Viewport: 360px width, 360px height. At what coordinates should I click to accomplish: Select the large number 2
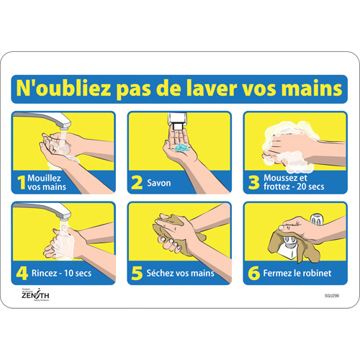[136, 183]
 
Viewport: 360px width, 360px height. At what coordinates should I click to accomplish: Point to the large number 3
[253, 183]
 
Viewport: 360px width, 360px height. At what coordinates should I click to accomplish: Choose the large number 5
[136, 273]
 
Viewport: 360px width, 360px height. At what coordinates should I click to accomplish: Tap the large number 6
[253, 273]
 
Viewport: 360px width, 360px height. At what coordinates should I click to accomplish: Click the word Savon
[160, 183]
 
